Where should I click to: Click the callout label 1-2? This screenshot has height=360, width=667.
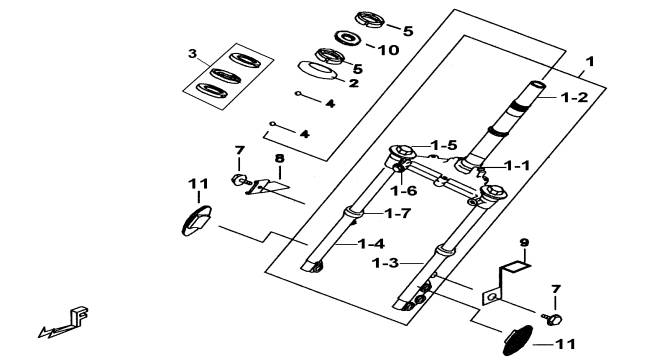(x=574, y=97)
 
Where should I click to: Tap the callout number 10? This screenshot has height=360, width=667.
(x=388, y=50)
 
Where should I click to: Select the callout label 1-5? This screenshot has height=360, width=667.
(x=444, y=145)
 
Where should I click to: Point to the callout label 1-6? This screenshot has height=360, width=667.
(x=404, y=191)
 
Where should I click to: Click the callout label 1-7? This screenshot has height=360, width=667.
(x=398, y=213)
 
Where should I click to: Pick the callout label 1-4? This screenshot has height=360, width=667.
(x=371, y=244)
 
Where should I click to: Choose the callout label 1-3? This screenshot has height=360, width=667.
(x=386, y=263)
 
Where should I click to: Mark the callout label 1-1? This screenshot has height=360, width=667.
(x=517, y=165)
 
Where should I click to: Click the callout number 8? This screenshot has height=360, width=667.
(x=279, y=159)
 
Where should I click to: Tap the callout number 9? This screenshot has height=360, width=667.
(x=524, y=243)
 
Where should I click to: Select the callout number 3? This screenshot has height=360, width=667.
(x=193, y=54)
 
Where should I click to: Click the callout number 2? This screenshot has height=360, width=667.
(x=354, y=83)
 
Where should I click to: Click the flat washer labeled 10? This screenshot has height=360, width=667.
(x=348, y=38)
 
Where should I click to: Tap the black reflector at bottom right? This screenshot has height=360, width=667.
(x=518, y=341)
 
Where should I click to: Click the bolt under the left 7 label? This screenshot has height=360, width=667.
(x=241, y=180)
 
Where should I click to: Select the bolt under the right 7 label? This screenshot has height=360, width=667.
(x=552, y=319)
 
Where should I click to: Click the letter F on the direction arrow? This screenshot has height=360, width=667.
(x=80, y=316)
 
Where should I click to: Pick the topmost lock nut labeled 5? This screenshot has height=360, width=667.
(x=370, y=19)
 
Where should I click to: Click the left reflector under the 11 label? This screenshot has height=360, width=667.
(x=197, y=221)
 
